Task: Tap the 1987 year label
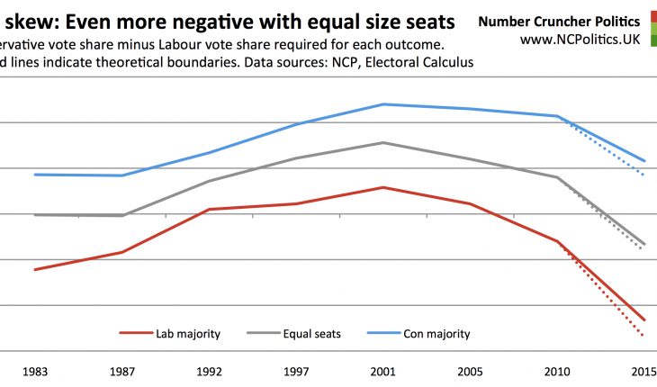coord(121,372)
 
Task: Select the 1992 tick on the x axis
coord(209,372)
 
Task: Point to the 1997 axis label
coord(296,372)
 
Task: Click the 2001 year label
coord(383,372)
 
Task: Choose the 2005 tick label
coord(471,372)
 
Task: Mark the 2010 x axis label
coord(558,372)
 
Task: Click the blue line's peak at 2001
coord(383,104)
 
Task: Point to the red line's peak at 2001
coord(383,187)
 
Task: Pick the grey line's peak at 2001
coord(383,142)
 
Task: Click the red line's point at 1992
coord(209,209)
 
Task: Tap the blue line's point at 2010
coord(558,116)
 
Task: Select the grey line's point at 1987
coord(121,216)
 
